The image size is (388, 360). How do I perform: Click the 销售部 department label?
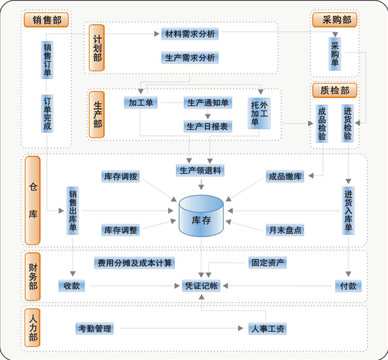click(46, 20)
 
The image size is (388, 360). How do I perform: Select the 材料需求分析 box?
click(190, 34)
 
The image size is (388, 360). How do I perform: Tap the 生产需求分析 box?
click(190, 58)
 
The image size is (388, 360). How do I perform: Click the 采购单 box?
click(335, 54)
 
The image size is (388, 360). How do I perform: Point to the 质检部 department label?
click(335, 90)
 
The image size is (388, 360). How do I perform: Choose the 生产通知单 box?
click(208, 103)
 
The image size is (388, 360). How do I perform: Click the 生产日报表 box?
click(208, 127)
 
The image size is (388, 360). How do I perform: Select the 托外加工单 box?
click(259, 114)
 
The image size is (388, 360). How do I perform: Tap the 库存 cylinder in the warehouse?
click(201, 216)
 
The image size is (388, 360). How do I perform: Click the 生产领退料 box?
click(200, 171)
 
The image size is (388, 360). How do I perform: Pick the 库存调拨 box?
click(120, 177)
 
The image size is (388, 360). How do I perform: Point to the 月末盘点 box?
click(285, 230)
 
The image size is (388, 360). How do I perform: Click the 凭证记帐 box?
click(201, 286)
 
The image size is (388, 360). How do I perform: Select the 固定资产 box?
click(268, 262)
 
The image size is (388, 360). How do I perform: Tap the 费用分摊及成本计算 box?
click(135, 263)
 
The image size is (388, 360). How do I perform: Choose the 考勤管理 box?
click(95, 329)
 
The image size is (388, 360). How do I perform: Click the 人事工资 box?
click(268, 329)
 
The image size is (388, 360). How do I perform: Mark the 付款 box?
click(348, 286)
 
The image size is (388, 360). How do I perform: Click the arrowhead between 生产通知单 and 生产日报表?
click(208, 116)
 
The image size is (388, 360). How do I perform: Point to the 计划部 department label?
click(97, 48)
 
